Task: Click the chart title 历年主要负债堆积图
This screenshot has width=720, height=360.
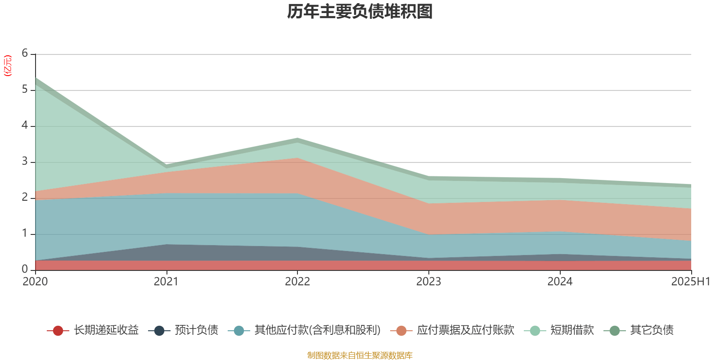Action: (360, 12)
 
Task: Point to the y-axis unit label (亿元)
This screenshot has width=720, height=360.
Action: (8, 66)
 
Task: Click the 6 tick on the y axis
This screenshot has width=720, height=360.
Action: (25, 54)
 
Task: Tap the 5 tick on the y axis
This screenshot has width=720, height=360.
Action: (25, 90)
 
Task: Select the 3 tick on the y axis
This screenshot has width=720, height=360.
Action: (25, 162)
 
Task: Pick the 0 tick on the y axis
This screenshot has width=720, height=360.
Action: (25, 269)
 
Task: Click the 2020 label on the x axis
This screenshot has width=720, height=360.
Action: (35, 282)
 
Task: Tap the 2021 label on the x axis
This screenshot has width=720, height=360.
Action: (166, 282)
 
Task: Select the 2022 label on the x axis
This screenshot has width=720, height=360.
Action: (297, 282)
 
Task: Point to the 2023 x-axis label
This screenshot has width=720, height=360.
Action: (428, 282)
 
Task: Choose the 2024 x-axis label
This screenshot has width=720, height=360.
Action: (560, 282)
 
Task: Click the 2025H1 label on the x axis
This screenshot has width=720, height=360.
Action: (690, 282)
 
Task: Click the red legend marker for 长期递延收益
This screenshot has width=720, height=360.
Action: (58, 331)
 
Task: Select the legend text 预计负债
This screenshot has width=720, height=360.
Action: (197, 330)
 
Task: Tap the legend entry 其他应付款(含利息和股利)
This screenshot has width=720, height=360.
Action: (317, 330)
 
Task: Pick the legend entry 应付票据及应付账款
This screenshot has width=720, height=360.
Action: (465, 330)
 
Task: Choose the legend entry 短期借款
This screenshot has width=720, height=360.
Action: (572, 330)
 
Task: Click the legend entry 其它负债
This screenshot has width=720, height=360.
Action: (652, 330)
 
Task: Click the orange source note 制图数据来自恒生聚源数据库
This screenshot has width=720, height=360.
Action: (360, 355)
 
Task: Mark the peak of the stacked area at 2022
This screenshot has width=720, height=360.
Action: (297, 138)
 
